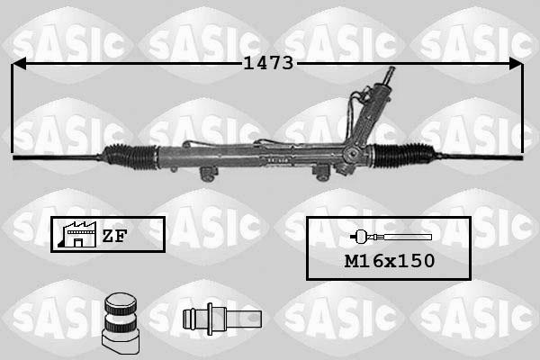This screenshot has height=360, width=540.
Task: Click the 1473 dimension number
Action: [x=269, y=63]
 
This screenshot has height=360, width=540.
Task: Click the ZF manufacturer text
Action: [x=113, y=236]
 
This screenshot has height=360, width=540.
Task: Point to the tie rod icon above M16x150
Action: [x=391, y=237]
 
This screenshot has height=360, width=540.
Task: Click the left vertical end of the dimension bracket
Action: [x=13, y=108]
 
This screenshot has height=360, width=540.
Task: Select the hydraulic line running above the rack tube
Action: [x=270, y=142]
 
